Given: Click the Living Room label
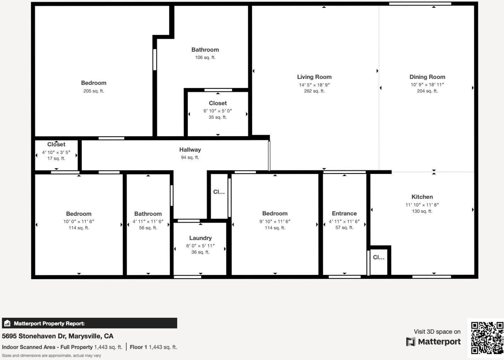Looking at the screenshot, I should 314,77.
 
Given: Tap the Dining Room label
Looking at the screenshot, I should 427,77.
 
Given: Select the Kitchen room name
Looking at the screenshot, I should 422,197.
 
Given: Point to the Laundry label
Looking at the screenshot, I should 200,238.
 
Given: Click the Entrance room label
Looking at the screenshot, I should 344,213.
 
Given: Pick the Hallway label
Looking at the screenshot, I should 190,150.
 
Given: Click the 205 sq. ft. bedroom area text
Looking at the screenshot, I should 94,91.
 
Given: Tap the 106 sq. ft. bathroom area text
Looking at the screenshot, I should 205,57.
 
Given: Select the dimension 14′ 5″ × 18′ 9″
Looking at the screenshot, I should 314,85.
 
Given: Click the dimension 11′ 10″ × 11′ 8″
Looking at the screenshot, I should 422,205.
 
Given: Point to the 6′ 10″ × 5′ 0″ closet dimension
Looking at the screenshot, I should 218,111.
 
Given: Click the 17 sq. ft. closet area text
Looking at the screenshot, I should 56,158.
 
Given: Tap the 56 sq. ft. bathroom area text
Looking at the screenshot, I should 148,228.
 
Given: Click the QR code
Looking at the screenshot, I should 487,338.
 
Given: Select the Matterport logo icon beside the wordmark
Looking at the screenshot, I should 410,342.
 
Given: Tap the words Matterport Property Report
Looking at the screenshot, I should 49,324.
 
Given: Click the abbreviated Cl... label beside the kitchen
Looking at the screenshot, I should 379,257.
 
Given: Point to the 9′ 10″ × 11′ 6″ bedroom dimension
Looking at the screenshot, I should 275,221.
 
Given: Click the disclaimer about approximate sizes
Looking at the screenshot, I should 51,355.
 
